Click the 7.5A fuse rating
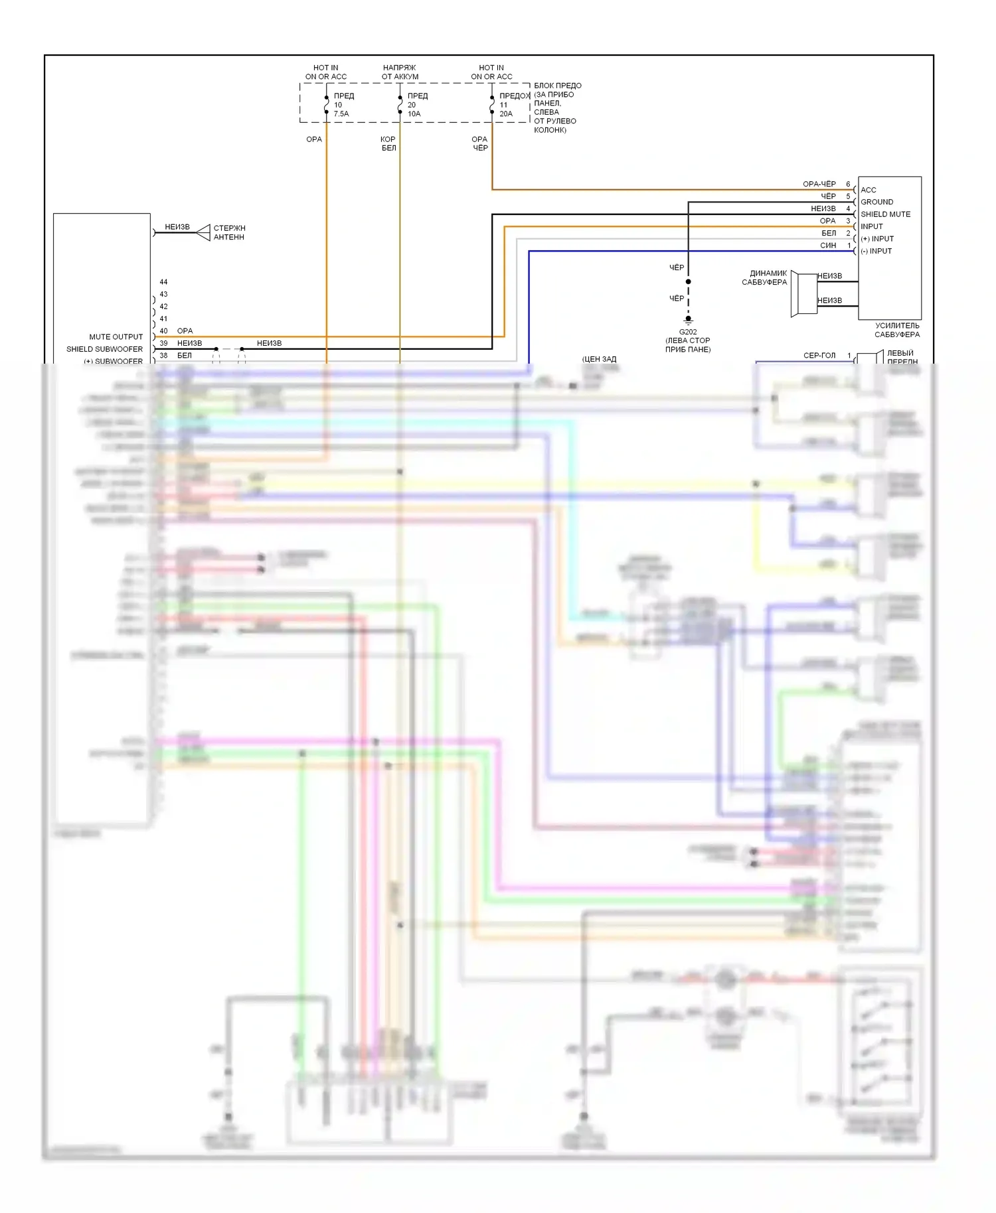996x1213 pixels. click(341, 114)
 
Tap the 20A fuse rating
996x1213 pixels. click(506, 114)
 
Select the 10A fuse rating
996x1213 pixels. click(414, 114)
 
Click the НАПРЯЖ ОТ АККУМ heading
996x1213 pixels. click(400, 72)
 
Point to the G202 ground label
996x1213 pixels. click(688, 332)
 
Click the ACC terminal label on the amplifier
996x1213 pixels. click(869, 190)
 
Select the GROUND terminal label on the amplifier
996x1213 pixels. click(876, 202)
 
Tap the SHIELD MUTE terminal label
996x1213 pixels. click(885, 214)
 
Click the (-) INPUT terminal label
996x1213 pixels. click(876, 251)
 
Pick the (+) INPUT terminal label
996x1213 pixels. click(877, 239)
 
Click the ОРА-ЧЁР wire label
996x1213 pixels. click(819, 184)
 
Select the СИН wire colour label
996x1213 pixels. click(828, 246)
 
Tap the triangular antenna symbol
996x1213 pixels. click(203, 233)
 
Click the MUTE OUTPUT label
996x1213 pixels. click(116, 337)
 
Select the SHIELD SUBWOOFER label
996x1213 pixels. click(104, 349)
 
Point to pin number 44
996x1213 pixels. click(163, 282)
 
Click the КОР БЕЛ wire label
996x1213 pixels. click(388, 143)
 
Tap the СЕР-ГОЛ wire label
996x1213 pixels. click(819, 356)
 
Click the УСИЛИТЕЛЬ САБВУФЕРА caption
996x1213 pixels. click(897, 330)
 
